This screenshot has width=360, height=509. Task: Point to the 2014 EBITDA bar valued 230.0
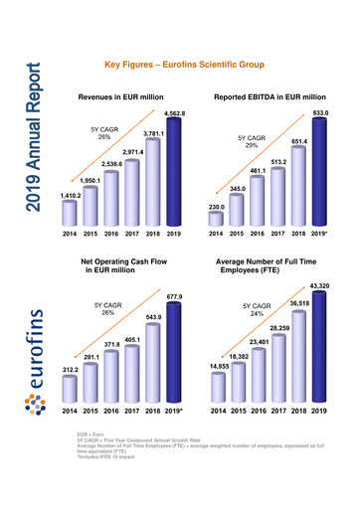[216, 221]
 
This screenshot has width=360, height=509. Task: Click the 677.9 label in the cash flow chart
[175, 297]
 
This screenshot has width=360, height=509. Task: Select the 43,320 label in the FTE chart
[319, 286]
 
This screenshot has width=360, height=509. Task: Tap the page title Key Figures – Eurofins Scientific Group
[184, 65]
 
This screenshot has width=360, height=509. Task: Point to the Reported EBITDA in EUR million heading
[268, 99]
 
